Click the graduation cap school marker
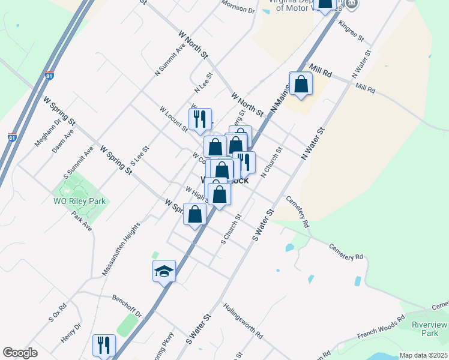click(164, 271)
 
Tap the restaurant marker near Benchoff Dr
click(103, 345)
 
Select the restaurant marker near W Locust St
click(200, 119)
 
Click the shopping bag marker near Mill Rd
click(301, 84)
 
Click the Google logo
click(20, 353)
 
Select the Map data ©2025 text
click(423, 355)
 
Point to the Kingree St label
click(351, 31)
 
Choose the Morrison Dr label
click(238, 7)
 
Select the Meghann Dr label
click(49, 132)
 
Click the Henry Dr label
click(71, 334)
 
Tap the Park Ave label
click(81, 222)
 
